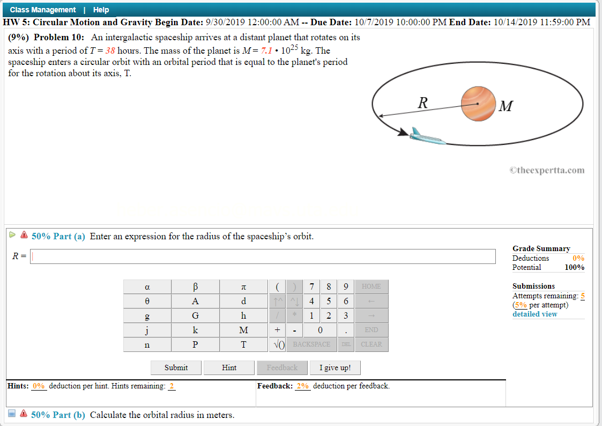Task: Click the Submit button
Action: click(176, 368)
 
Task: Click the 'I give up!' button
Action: click(335, 368)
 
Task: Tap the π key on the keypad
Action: click(243, 287)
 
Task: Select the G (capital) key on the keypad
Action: click(195, 315)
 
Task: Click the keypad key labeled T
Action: click(243, 344)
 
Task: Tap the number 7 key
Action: click(312, 287)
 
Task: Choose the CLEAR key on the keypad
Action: click(371, 344)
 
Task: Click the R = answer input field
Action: click(263, 256)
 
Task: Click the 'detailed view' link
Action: click(534, 314)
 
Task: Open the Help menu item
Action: click(101, 10)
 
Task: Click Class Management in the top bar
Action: click(43, 10)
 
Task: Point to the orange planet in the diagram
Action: click(478, 104)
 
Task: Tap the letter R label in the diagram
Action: click(422, 102)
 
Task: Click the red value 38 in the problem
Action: click(110, 51)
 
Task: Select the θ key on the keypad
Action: click(147, 301)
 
